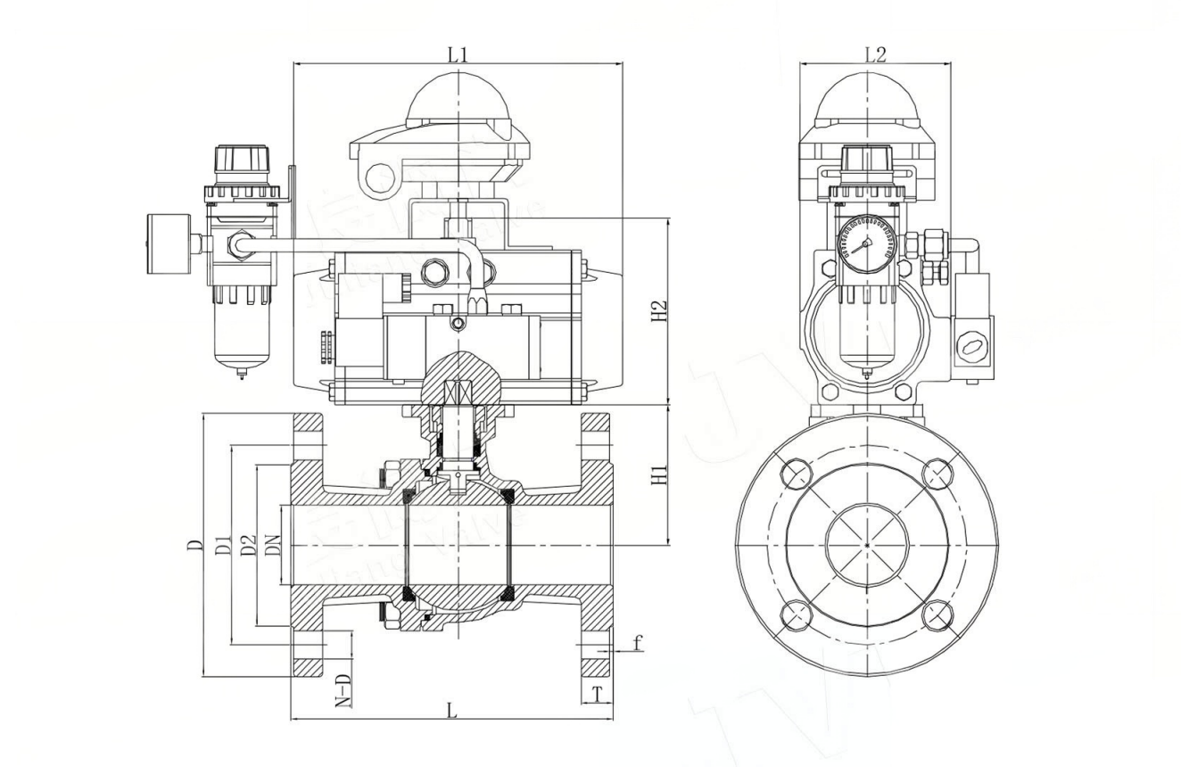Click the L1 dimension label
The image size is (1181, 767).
(x=458, y=54)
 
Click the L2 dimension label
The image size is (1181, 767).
(x=875, y=54)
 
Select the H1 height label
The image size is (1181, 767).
(x=659, y=474)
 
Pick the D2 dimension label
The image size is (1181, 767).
(x=250, y=544)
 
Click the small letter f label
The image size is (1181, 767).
(x=637, y=642)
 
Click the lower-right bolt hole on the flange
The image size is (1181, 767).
(x=937, y=614)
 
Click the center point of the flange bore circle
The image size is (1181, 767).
(x=867, y=544)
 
